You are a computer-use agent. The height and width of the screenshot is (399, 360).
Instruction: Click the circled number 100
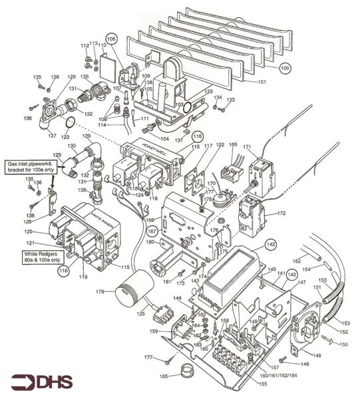(285, 68)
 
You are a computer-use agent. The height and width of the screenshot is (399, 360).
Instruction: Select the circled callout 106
(111, 39)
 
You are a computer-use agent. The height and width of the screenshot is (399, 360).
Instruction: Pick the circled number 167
(152, 231)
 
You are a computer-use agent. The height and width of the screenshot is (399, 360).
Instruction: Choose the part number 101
(262, 82)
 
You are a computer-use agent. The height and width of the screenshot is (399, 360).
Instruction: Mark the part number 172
(281, 213)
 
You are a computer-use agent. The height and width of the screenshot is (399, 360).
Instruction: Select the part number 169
(232, 144)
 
